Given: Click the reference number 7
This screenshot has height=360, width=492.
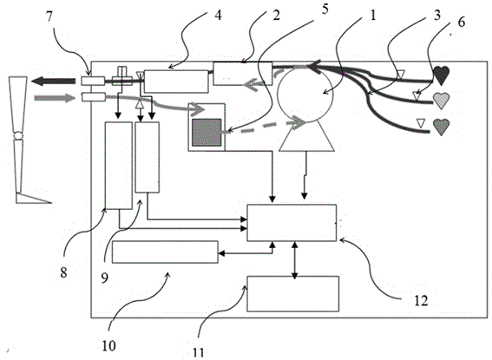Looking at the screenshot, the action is (49, 17).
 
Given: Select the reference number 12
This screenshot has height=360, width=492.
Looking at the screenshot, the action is (421, 301).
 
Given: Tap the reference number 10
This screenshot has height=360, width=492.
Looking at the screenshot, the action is (108, 346).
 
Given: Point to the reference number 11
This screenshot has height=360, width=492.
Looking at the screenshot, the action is (198, 353).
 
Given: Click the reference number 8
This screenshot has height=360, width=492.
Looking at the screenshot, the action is (63, 272).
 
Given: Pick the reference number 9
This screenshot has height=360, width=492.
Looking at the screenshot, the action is (104, 278).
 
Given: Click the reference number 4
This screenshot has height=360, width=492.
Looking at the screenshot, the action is (218, 15).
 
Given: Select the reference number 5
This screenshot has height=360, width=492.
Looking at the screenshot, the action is (325, 9).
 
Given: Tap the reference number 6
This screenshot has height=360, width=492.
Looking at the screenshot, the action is (461, 23).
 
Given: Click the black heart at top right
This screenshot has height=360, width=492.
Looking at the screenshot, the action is (441, 75).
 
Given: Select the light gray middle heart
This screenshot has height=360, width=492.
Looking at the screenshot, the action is (441, 101).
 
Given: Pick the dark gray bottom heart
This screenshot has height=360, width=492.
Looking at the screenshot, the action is (441, 127).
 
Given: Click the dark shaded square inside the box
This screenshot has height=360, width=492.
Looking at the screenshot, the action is (207, 133).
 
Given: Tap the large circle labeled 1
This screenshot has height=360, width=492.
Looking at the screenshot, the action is (305, 95).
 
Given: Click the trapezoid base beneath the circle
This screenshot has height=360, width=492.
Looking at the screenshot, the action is (306, 137).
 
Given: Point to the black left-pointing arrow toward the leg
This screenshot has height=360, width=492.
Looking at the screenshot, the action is (53, 82).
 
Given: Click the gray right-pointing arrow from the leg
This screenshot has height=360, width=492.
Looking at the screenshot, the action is (56, 98).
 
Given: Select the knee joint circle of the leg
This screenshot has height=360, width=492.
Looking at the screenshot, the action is (18, 136).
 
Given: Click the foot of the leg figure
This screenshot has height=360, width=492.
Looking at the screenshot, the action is (33, 199).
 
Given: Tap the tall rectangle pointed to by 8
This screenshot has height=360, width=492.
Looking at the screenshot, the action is (118, 166).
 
